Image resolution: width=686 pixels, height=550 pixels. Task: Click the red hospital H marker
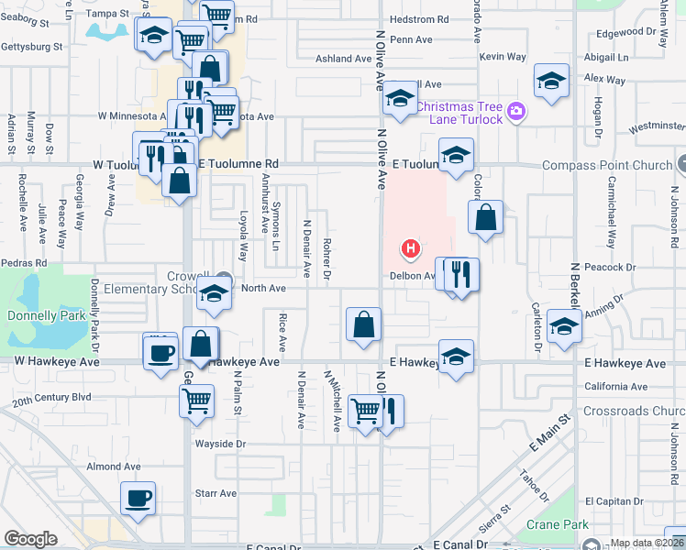point(411,248)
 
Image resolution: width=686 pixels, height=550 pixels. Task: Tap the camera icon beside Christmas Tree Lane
point(516,112)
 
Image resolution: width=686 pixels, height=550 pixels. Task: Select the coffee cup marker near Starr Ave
point(138,498)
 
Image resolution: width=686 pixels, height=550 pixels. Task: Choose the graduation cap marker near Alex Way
point(551,81)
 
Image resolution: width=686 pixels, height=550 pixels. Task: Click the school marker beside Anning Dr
point(563,324)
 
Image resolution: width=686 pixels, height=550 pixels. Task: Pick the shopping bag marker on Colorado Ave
point(486,217)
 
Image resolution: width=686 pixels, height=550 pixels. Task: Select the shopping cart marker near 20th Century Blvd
point(197,400)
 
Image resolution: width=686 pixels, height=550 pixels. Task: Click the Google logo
point(30,539)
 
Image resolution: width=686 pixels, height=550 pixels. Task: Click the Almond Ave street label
point(114,467)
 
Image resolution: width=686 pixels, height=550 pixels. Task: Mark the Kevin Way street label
point(503,57)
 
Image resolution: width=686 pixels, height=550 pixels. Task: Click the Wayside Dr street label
point(220,444)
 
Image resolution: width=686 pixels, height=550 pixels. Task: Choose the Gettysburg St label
point(31,46)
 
